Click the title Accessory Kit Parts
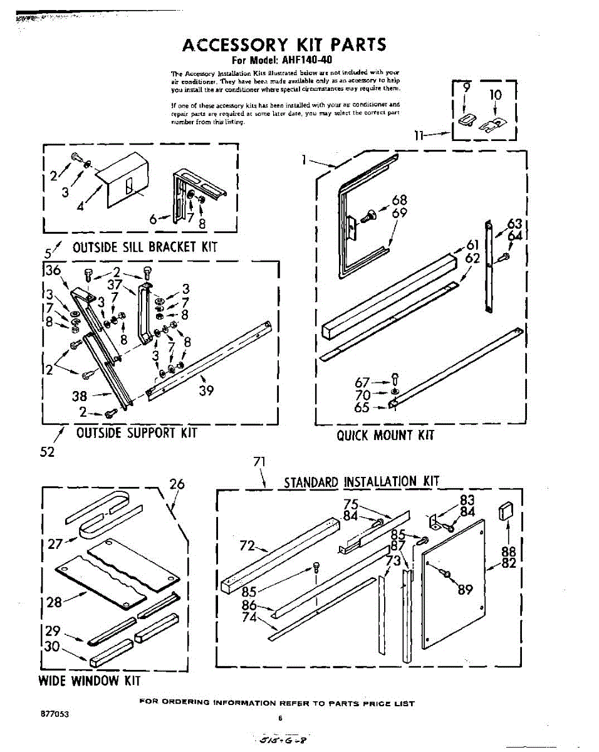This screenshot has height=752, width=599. (x=284, y=45)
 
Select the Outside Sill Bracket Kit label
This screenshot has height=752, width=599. (x=145, y=246)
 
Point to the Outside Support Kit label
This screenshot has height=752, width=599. (x=136, y=432)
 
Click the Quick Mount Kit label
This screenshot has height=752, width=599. (x=385, y=435)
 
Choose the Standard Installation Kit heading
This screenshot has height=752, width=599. (x=362, y=481)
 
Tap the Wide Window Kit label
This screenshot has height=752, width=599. (x=90, y=681)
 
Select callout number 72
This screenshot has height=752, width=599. (x=247, y=546)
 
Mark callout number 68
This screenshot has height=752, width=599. (x=399, y=201)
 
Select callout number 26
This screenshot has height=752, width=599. (x=177, y=484)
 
